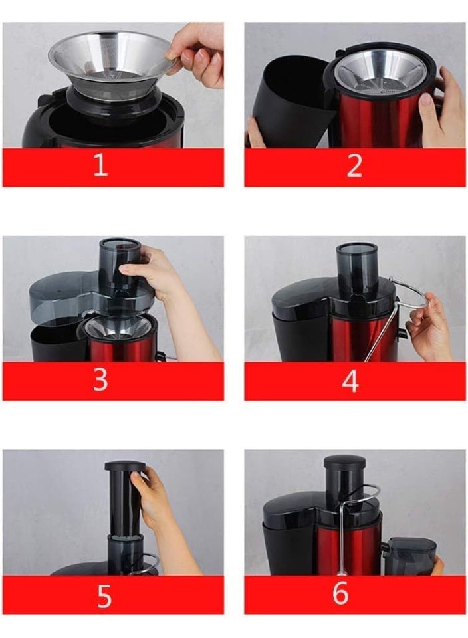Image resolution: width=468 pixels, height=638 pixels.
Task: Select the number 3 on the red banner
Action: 100,380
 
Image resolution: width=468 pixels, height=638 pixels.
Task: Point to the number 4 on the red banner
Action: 350,381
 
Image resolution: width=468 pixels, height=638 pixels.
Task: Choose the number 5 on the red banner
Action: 104,596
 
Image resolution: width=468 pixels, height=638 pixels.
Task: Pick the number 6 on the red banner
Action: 340,593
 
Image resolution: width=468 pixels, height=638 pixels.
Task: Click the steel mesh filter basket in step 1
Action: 110,66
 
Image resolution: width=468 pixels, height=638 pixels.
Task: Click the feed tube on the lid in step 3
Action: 120,263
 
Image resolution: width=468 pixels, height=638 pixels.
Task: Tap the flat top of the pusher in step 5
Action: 125,465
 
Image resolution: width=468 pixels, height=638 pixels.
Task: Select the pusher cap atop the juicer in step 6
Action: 344,461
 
